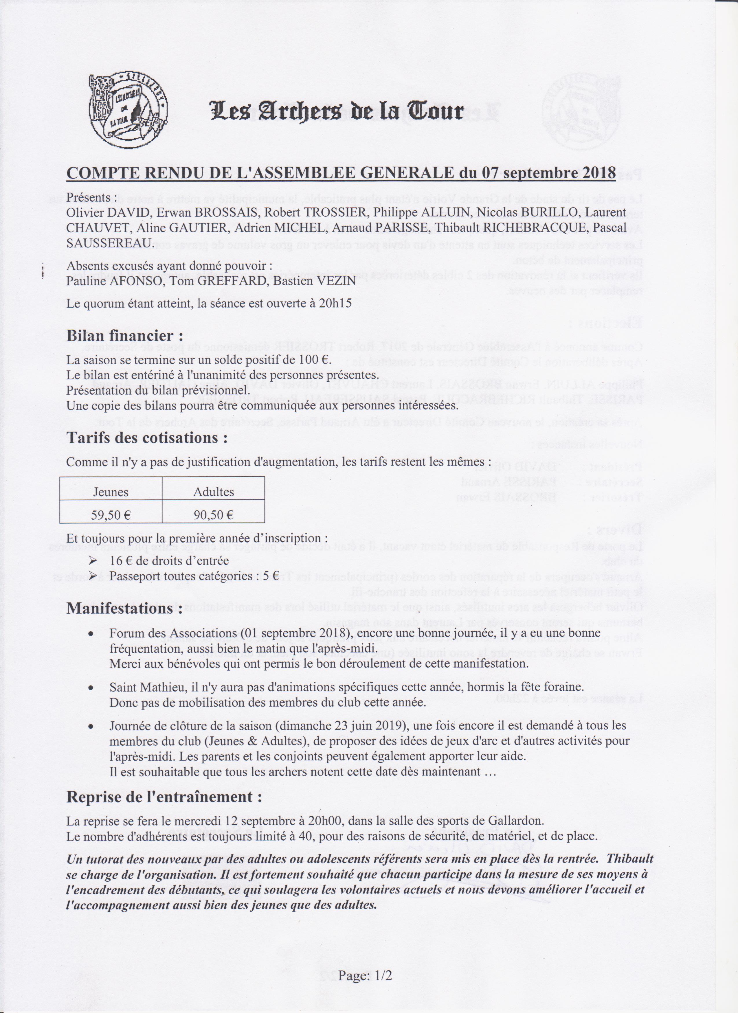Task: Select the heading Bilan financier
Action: click(125, 336)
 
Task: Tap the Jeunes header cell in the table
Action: click(111, 492)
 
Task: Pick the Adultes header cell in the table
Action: click(214, 492)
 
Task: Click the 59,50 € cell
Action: click(111, 515)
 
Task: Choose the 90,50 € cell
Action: click(214, 515)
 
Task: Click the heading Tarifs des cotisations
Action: click(147, 438)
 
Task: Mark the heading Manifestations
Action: click(124, 608)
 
